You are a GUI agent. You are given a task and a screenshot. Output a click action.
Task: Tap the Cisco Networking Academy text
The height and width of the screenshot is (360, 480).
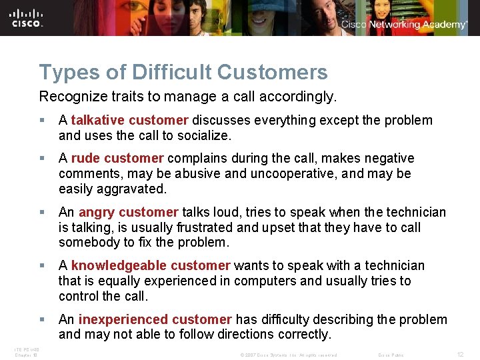[x=404, y=25]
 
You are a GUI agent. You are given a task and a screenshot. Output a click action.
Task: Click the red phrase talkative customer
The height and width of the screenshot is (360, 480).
[x=129, y=121]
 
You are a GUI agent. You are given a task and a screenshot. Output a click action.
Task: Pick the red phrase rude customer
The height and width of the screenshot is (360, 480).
[x=117, y=159]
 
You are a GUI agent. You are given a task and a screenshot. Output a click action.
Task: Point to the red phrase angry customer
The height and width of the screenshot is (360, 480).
[x=128, y=213]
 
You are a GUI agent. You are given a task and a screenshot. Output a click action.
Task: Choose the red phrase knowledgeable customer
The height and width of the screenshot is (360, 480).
[x=150, y=266]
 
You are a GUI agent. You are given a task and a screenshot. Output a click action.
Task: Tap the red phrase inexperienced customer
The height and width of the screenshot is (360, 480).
[x=155, y=320]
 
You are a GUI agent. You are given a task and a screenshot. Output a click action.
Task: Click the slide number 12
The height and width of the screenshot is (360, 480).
[x=460, y=355]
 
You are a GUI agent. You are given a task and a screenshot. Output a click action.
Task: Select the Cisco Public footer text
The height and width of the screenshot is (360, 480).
[x=391, y=355]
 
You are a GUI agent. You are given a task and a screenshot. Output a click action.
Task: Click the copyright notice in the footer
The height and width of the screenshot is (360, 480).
[x=288, y=355]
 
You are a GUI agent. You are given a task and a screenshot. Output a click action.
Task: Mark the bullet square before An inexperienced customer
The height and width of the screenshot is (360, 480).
[x=43, y=320]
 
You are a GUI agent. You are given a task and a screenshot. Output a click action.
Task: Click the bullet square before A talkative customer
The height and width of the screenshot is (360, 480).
[x=43, y=121]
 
